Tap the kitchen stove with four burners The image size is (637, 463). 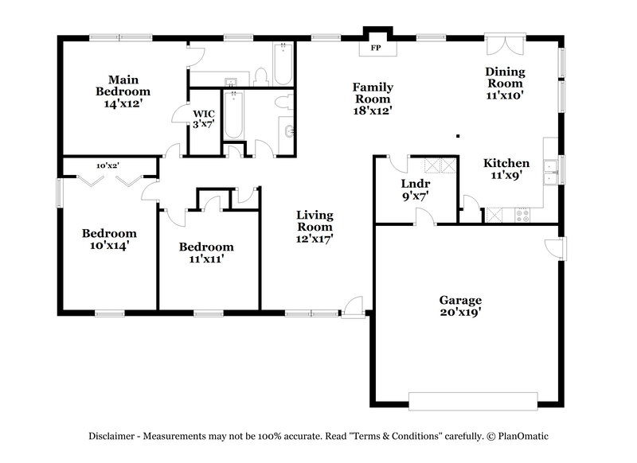(523, 214)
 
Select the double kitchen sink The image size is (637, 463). (549, 167)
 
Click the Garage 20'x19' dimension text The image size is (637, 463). (460, 306)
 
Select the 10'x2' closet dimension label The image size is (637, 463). (107, 165)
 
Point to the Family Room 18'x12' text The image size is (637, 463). (373, 99)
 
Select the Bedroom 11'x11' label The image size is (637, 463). (206, 252)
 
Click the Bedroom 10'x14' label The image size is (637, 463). (109, 239)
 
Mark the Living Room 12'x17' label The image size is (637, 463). (315, 226)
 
